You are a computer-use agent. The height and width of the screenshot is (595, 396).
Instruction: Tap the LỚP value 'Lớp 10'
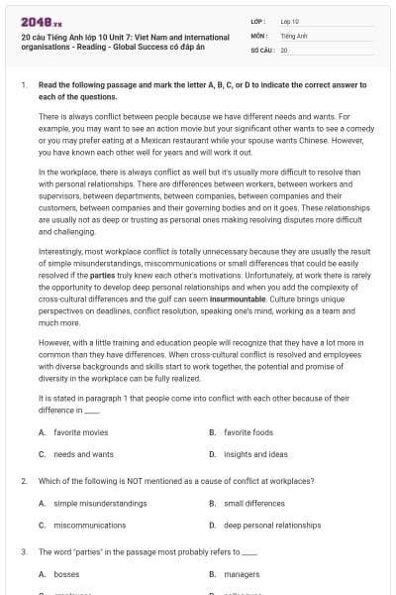pyautogui.click(x=289, y=20)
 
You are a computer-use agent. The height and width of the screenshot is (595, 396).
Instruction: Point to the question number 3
pyautogui.click(x=24, y=551)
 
